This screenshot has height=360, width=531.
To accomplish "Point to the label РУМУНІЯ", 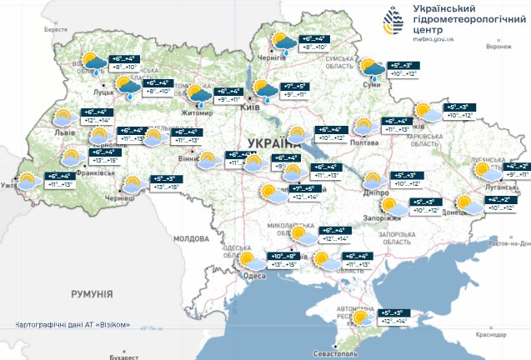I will coord(92,294).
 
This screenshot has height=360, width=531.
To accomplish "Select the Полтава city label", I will coord(365,142).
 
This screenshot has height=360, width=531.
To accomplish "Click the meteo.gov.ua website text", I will coord(433,37).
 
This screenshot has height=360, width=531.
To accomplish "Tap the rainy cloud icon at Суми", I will coord(370,68).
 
